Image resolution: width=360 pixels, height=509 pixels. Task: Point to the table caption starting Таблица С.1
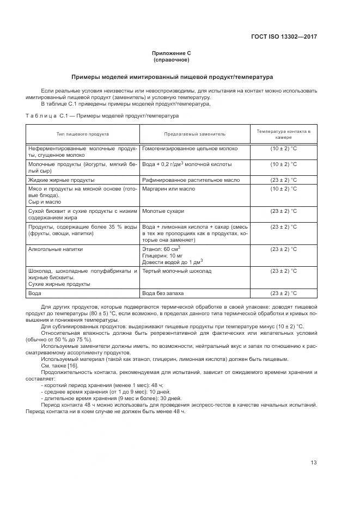pos(102,115)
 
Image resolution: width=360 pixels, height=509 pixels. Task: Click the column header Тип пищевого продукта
pos(83,134)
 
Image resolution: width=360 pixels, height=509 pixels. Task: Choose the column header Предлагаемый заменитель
pos(194,134)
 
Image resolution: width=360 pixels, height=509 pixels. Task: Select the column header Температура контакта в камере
pos(283,134)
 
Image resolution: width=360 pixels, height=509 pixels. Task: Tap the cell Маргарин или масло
pos(168,188)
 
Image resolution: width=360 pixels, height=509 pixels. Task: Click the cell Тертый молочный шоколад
pos(176,271)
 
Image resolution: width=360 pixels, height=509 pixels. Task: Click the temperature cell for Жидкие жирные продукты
pos(283,180)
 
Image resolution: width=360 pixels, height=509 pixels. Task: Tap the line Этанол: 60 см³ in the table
pos(161,248)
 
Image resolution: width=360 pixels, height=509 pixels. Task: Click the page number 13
pos(313,463)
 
